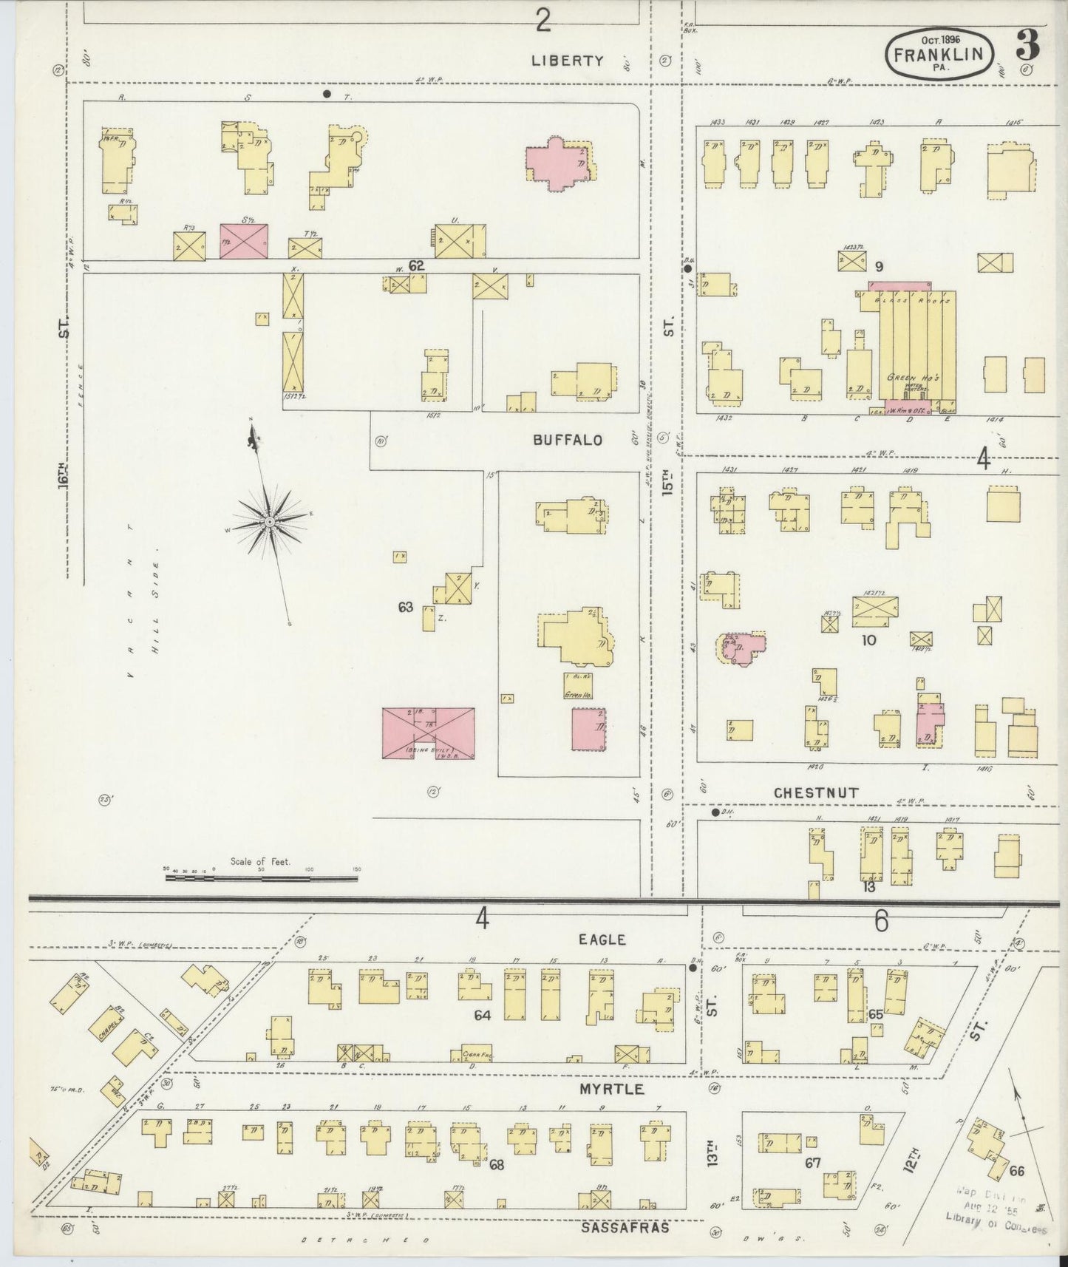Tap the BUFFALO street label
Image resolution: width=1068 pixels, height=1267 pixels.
point(568,440)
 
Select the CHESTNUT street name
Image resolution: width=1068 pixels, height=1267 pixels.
point(816,792)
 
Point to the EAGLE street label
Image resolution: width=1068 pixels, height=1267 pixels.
point(602,940)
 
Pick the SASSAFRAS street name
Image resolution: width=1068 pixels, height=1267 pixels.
point(625,1226)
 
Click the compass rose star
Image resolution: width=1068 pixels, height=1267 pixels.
point(271,522)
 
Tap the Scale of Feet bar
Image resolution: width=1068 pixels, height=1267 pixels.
point(262,877)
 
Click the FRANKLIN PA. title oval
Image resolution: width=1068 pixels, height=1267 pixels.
point(939,55)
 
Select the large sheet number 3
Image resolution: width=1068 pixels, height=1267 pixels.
point(1027,46)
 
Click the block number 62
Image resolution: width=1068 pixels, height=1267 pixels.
point(417,265)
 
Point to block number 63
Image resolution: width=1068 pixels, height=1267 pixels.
point(405,607)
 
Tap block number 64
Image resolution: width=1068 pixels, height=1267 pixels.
point(482,1016)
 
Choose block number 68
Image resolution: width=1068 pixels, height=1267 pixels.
point(496,1164)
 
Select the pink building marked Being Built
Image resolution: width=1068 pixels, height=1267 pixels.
point(428,732)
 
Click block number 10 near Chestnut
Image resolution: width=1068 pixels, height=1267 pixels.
point(868,639)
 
